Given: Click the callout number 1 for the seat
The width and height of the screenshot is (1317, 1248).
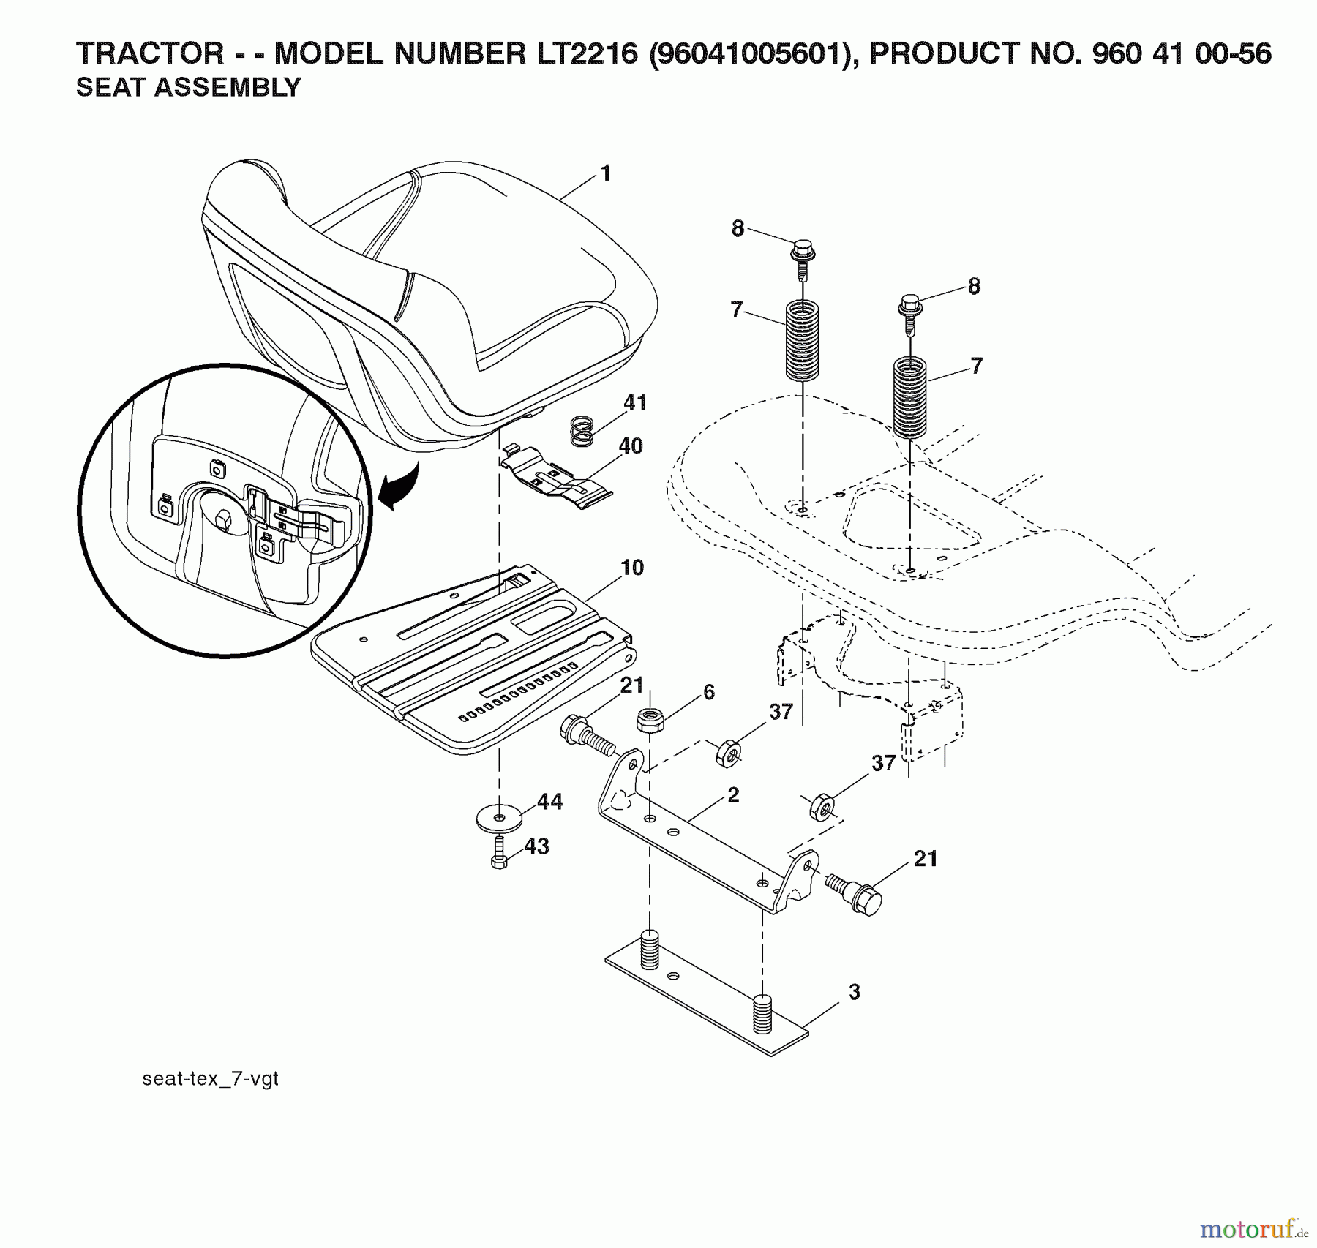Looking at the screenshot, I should pos(605,173).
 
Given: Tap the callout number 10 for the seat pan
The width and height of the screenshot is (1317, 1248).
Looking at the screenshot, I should pos(631,567).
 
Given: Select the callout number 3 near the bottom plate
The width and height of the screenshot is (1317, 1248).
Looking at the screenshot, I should pos(854,992).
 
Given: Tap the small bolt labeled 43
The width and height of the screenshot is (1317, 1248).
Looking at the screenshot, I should pos(499,854).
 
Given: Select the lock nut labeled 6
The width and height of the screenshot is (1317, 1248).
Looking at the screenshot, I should pos(648,721).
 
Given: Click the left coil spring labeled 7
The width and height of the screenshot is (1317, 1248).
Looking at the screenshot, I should pos(803,341).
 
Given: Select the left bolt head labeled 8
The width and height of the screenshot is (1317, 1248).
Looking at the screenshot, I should pos(802,250).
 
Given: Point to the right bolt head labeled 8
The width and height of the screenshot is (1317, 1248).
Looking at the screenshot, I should pos(910,304).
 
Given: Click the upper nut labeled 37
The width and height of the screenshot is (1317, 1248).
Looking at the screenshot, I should pos(728,752).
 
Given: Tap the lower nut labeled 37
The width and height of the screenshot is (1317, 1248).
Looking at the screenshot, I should pos(823,807).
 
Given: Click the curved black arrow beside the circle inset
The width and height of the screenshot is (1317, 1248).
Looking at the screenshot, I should pos(399,488).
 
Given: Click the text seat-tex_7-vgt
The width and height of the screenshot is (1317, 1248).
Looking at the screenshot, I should pos(210,1078).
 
